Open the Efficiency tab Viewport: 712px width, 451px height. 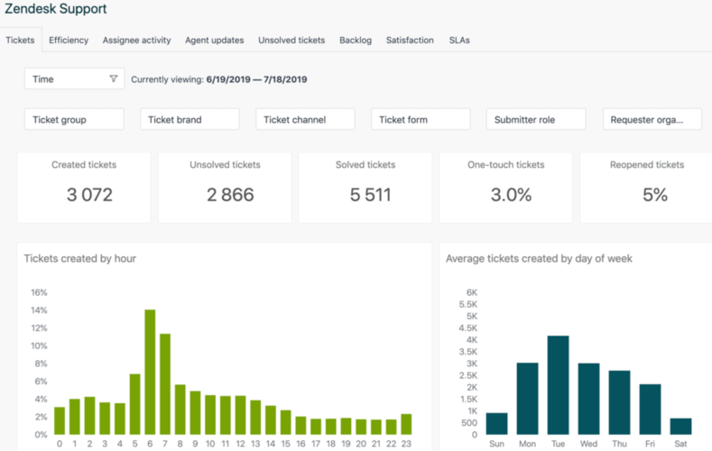[69, 41]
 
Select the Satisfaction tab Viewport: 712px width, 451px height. [410, 41]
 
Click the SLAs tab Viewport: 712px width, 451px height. [459, 41]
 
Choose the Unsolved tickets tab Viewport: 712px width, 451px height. [291, 41]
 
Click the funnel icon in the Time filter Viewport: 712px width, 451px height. [113, 79]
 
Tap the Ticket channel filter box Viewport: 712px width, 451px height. [305, 119]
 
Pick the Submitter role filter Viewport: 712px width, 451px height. [536, 119]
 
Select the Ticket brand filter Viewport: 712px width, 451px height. [190, 119]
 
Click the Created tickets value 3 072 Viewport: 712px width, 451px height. [89, 194]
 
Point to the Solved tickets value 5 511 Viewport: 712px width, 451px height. [371, 194]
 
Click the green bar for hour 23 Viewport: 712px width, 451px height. [405, 424]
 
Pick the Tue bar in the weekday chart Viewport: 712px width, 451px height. [558, 385]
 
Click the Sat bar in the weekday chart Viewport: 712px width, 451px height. [680, 427]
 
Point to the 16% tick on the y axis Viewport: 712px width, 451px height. [39, 293]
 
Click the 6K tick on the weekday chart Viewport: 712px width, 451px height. [471, 293]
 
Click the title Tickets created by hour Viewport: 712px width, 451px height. [80, 259]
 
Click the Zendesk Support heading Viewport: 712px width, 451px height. [55, 9]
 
